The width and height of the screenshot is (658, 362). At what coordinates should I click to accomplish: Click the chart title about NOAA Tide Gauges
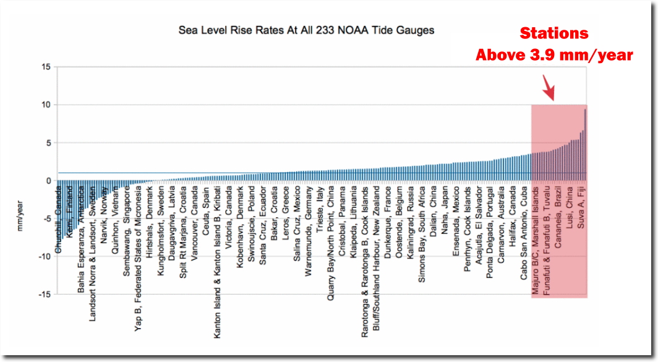[306, 30]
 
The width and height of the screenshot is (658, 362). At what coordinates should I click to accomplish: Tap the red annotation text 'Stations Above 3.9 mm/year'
[554, 44]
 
